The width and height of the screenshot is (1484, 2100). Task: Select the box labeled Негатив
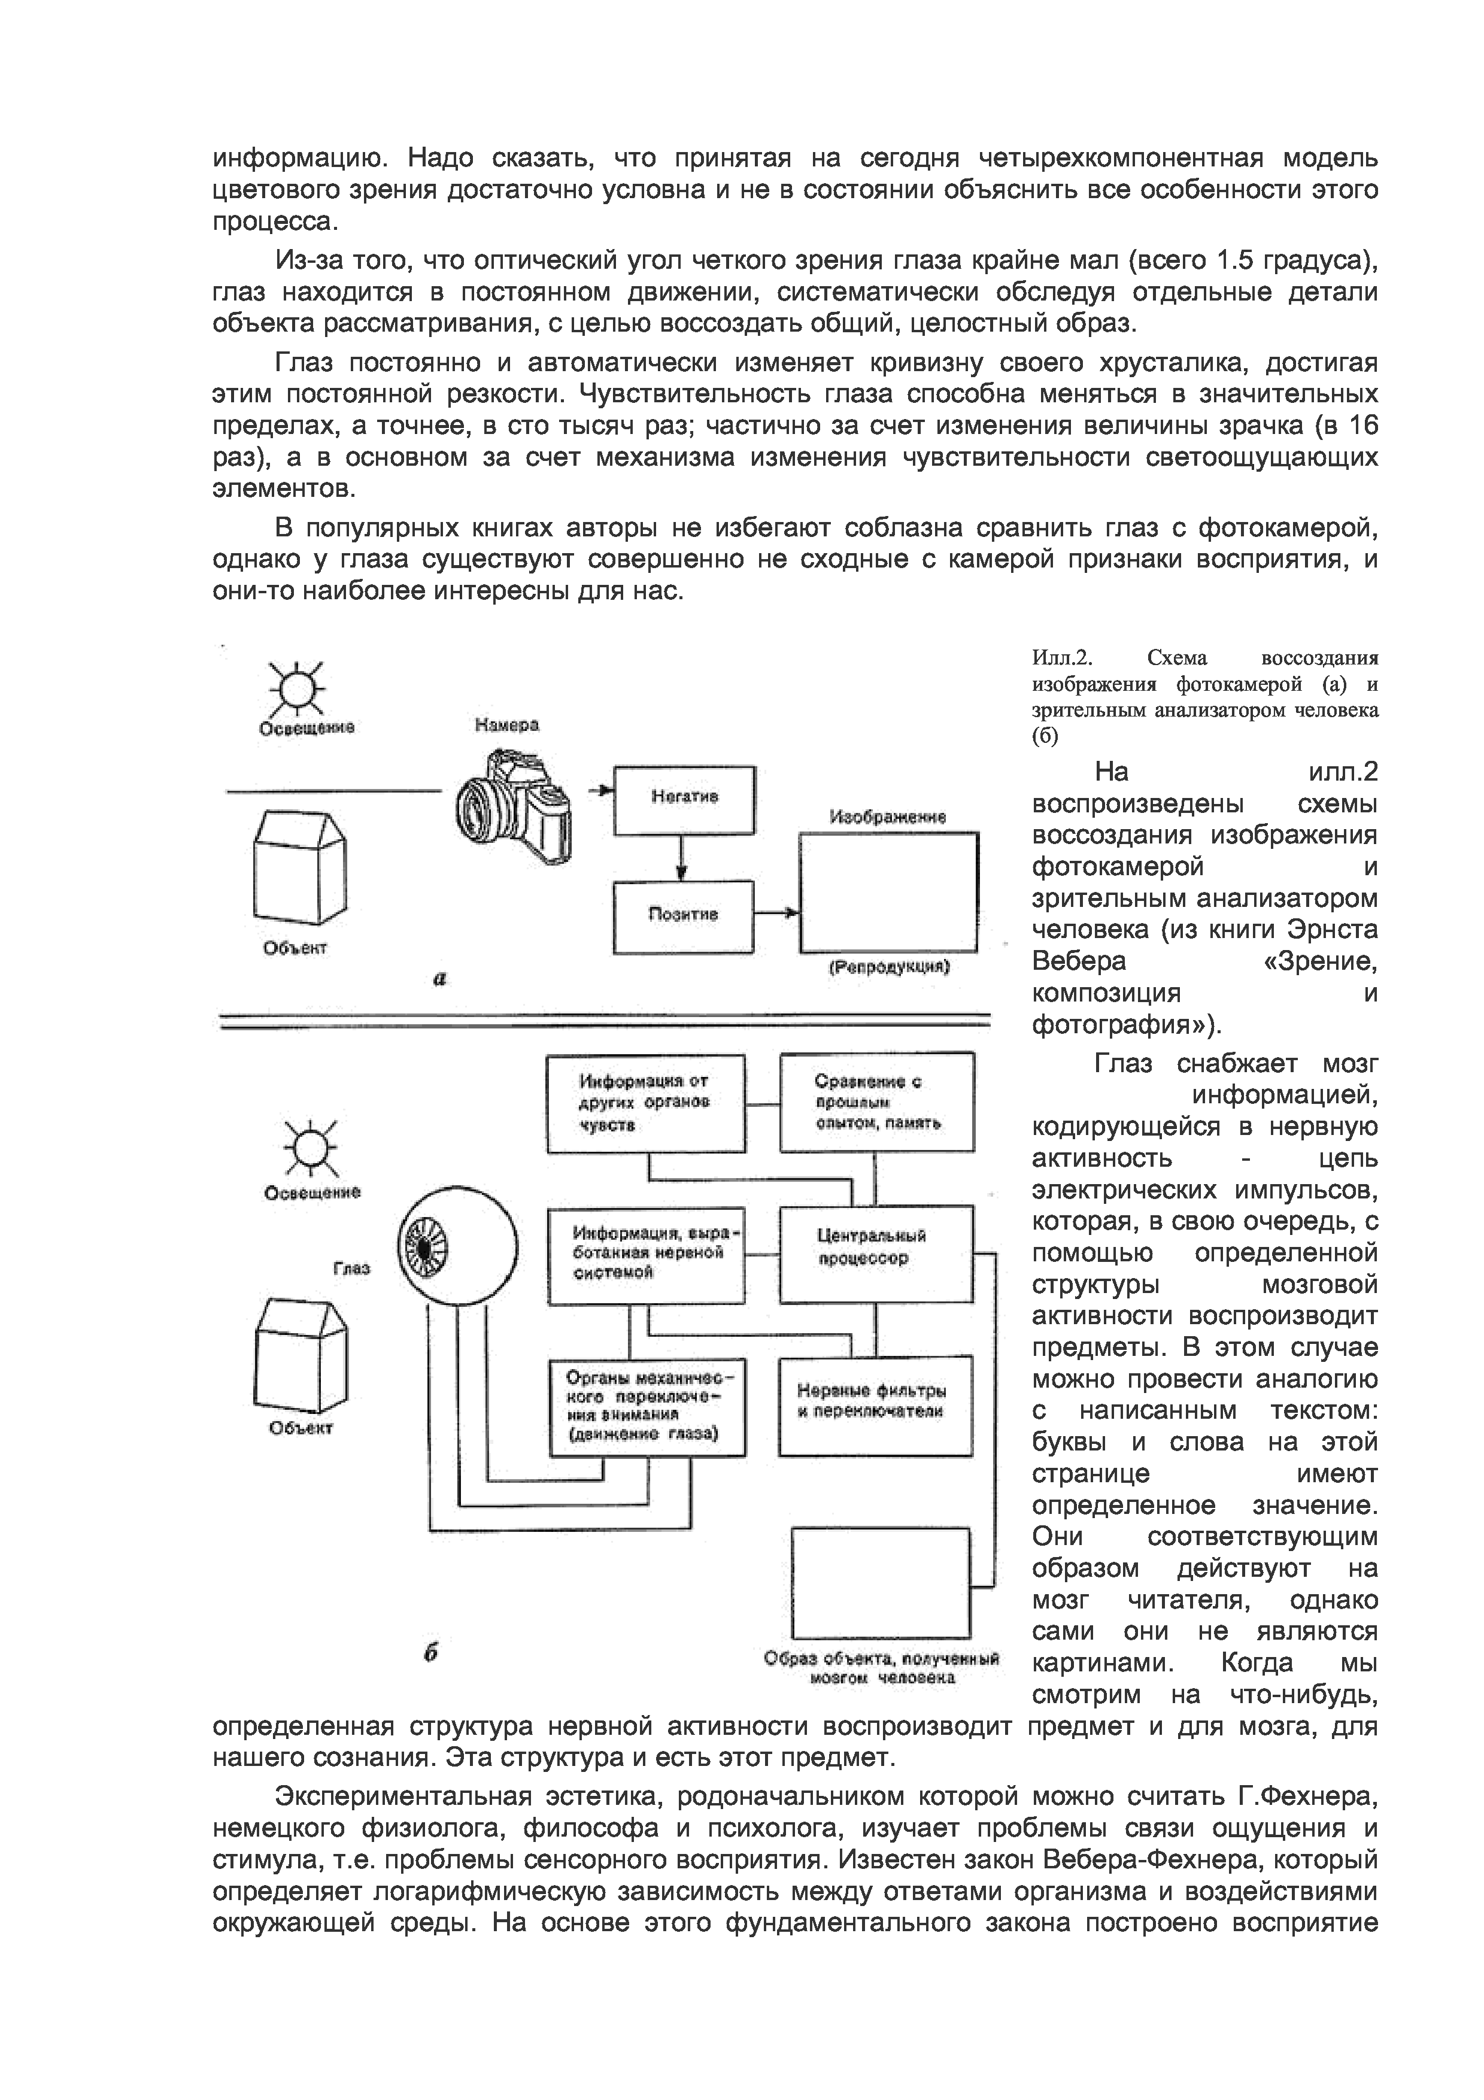pos(684,800)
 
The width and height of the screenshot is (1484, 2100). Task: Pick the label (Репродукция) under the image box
pos(889,967)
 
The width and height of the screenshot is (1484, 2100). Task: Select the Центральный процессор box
pos(876,1254)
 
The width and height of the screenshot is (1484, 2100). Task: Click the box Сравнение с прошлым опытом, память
pos(876,1102)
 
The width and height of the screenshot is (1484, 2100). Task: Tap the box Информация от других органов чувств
pos(645,1102)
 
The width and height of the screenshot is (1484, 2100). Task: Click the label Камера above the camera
pos(506,724)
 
